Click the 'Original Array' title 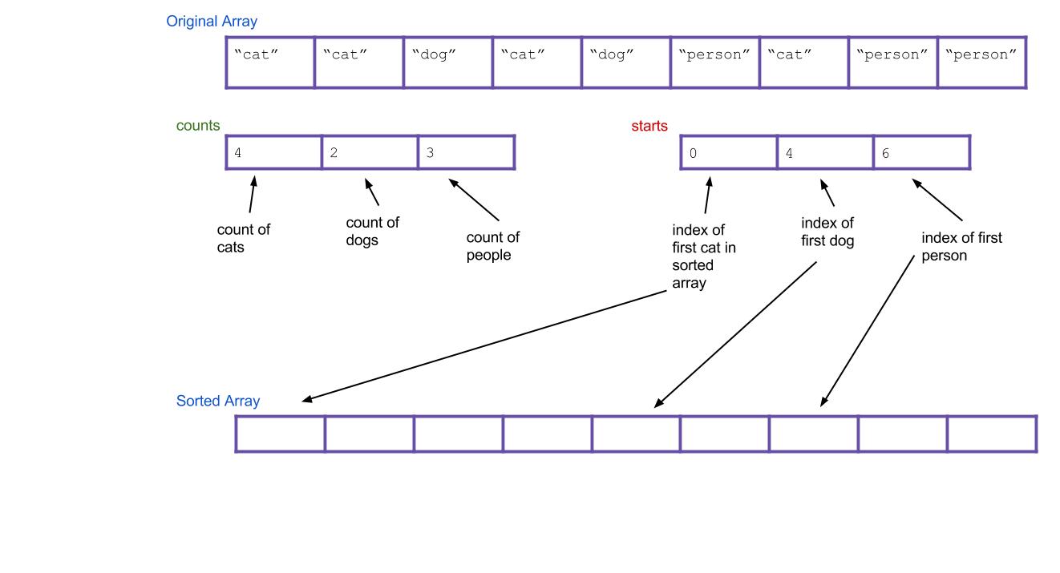pyautogui.click(x=212, y=22)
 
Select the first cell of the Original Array pyautogui.click(x=270, y=63)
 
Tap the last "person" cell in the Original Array pyautogui.click(x=981, y=63)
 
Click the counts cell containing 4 pyautogui.click(x=274, y=152)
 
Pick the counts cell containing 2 pyautogui.click(x=370, y=152)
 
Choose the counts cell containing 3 pyautogui.click(x=466, y=152)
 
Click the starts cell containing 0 pyautogui.click(x=729, y=153)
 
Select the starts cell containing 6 pyautogui.click(x=921, y=153)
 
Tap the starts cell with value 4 pyautogui.click(x=825, y=153)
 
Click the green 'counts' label pyautogui.click(x=198, y=126)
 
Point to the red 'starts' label pyautogui.click(x=649, y=127)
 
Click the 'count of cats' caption pyautogui.click(x=243, y=238)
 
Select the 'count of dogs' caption pyautogui.click(x=372, y=231)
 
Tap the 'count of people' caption pyautogui.click(x=492, y=246)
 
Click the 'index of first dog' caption pyautogui.click(x=827, y=232)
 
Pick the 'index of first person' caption pyautogui.click(x=961, y=246)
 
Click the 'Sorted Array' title pyautogui.click(x=218, y=401)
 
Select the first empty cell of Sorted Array pyautogui.click(x=281, y=434)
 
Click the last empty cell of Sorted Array pyautogui.click(x=992, y=434)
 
